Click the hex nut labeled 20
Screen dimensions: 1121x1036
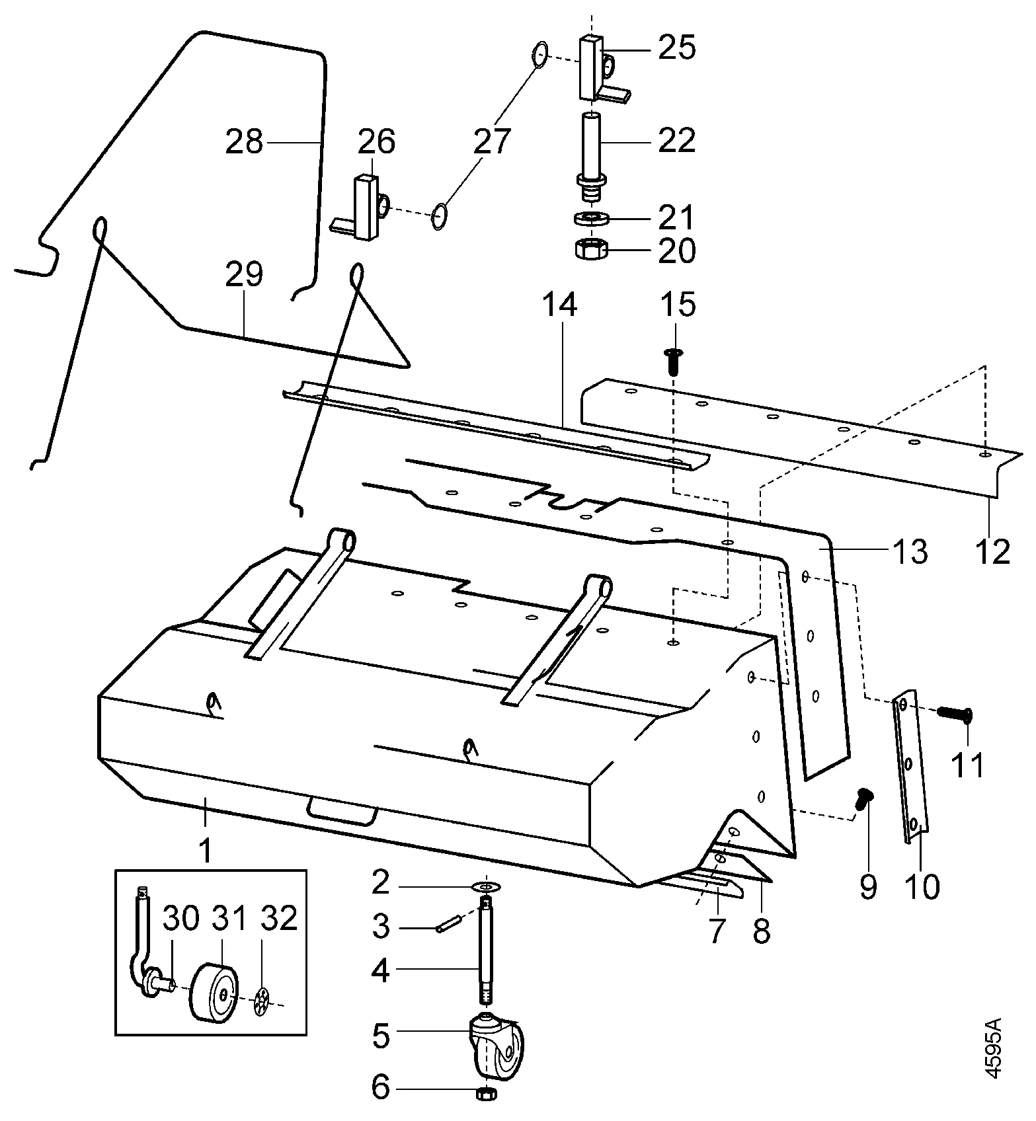[x=588, y=250]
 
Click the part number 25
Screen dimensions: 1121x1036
[x=677, y=48]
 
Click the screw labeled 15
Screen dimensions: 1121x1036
[x=674, y=362]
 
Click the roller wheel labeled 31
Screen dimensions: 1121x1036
[x=217, y=993]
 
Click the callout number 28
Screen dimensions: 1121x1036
[x=244, y=142]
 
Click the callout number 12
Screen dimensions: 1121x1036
[x=992, y=552]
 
